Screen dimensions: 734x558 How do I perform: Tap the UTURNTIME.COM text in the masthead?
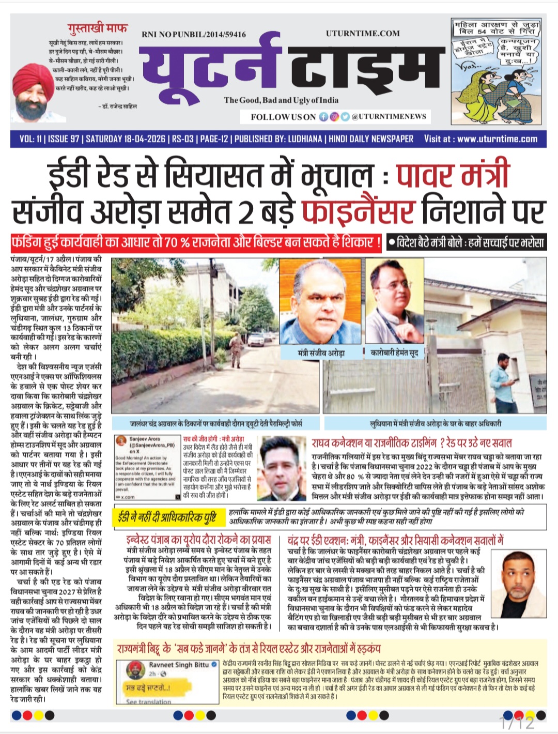coord(363,34)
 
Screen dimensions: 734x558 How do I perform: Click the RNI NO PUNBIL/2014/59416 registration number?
coord(194,35)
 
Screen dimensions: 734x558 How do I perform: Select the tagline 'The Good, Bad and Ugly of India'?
coord(281,100)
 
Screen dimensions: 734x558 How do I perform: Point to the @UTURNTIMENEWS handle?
coord(389,117)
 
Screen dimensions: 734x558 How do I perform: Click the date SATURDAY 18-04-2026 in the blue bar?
coord(126,139)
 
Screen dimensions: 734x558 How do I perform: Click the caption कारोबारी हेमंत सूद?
coord(395,353)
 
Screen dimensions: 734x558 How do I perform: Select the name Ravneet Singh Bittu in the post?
coord(179,665)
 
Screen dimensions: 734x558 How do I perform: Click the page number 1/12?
coord(516,722)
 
